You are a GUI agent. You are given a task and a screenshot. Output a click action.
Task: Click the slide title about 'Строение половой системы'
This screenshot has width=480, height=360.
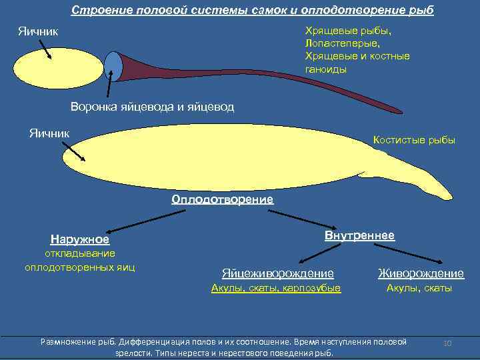pyautogui.click(x=252, y=11)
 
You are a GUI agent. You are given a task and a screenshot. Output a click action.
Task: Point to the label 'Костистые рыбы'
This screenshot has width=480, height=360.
pyautogui.click(x=415, y=140)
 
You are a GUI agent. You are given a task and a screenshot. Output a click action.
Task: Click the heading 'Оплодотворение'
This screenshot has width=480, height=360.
pyautogui.click(x=222, y=199)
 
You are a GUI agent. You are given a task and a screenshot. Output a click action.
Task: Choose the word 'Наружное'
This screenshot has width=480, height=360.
pyautogui.click(x=80, y=239)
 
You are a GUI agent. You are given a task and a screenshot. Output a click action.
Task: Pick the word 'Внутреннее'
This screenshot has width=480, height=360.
pyautogui.click(x=359, y=236)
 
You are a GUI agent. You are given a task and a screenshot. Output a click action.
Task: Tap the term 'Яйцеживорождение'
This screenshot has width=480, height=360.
pyautogui.click(x=277, y=273)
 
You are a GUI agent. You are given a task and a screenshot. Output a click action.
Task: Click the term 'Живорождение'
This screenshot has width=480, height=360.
pyautogui.click(x=421, y=273)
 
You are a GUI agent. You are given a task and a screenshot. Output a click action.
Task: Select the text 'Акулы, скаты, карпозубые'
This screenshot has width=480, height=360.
pyautogui.click(x=275, y=288)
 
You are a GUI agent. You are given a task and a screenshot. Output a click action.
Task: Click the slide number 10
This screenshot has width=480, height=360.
pyautogui.click(x=448, y=343)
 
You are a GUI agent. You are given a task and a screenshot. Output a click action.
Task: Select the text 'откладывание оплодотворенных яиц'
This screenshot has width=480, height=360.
pyautogui.click(x=80, y=261)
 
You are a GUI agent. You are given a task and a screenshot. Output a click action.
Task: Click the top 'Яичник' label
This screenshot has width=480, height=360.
pyautogui.click(x=38, y=31)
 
